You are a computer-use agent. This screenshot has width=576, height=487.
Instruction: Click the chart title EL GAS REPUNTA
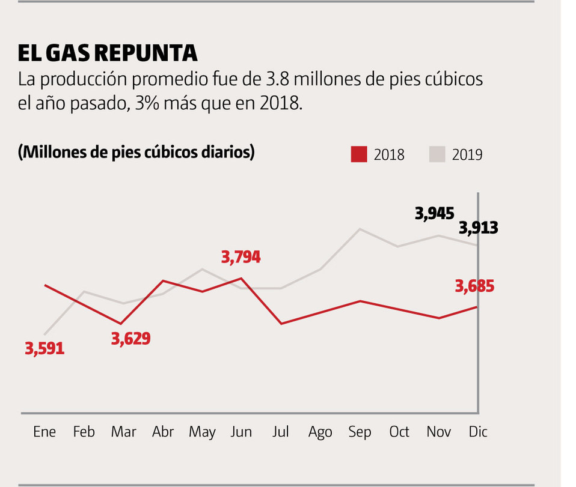(x=108, y=53)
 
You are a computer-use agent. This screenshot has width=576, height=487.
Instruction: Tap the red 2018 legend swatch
(x=359, y=154)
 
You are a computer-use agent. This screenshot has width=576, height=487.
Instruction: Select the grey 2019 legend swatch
(x=437, y=154)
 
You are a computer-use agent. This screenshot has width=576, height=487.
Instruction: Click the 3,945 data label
(x=435, y=213)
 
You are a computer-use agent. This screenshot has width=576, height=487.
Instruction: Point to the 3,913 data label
(x=479, y=228)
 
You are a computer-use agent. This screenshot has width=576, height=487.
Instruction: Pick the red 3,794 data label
(x=241, y=257)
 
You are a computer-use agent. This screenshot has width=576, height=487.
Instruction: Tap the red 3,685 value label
(x=475, y=286)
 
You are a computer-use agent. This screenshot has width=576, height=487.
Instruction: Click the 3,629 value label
(x=130, y=338)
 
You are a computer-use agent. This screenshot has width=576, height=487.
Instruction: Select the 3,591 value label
(x=44, y=348)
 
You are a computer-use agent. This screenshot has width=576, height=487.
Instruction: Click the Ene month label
(x=44, y=432)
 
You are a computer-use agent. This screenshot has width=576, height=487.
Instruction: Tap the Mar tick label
(x=123, y=432)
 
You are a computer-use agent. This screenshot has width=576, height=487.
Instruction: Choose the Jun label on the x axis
(x=241, y=432)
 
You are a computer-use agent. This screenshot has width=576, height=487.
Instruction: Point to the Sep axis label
(x=360, y=432)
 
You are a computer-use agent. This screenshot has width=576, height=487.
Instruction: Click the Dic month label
(x=478, y=432)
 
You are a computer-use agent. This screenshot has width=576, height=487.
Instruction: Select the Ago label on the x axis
(x=320, y=432)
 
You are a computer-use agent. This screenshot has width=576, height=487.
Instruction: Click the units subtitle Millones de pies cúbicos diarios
(x=136, y=153)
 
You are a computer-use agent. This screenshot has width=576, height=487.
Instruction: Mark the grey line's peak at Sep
(x=360, y=229)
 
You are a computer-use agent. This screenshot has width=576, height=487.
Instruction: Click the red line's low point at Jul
(x=281, y=324)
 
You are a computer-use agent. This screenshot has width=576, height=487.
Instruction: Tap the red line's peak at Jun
(x=241, y=278)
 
